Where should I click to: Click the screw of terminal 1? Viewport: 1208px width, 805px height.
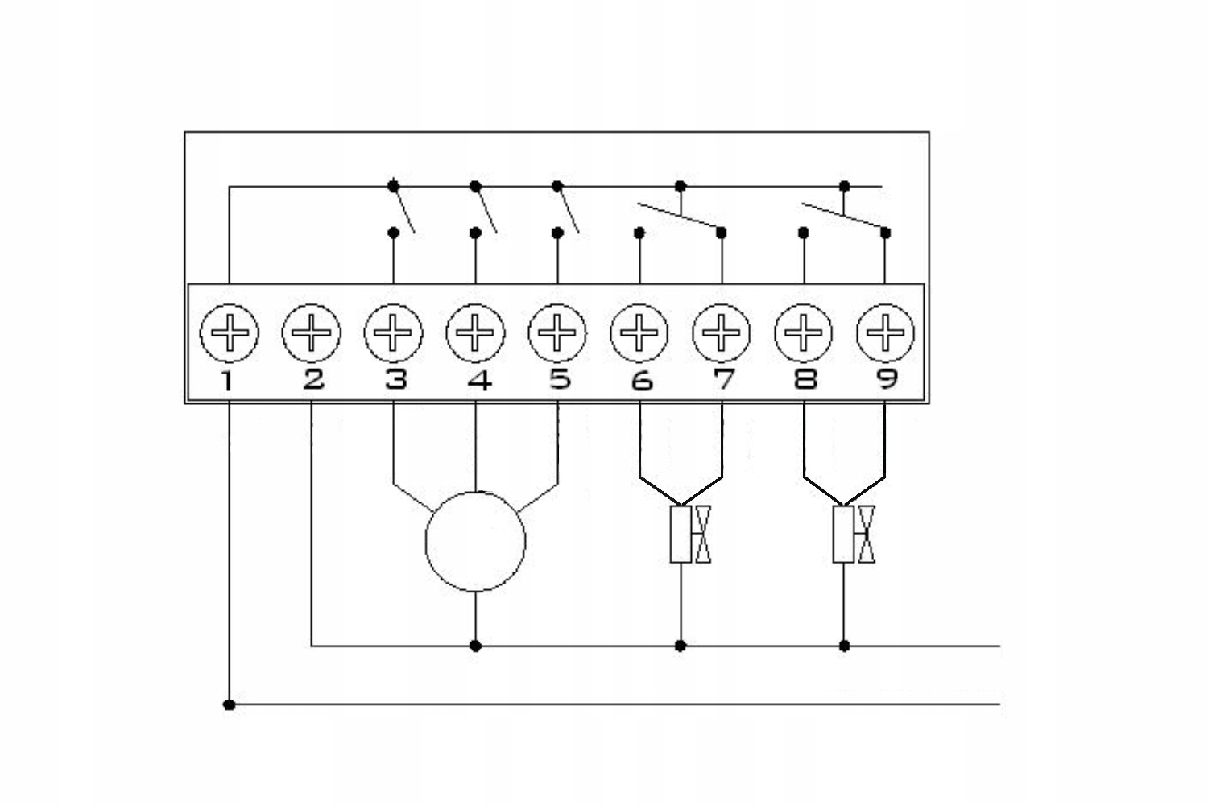pyautogui.click(x=230, y=332)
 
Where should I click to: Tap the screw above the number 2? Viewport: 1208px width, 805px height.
pyautogui.click(x=312, y=332)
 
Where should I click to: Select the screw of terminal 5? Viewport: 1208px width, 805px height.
pyautogui.click(x=557, y=332)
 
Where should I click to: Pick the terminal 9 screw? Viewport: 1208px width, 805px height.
pyautogui.click(x=885, y=332)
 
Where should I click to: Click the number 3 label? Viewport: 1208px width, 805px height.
pyautogui.click(x=395, y=379)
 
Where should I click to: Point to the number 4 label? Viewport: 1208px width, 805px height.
pyautogui.click(x=479, y=379)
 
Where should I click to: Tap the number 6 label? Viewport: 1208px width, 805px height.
pyautogui.click(x=642, y=380)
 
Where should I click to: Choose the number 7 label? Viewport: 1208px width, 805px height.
pyautogui.click(x=724, y=379)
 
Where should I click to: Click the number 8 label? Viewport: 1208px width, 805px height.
pyautogui.click(x=805, y=379)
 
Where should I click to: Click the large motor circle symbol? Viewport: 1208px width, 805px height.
pyautogui.click(x=476, y=542)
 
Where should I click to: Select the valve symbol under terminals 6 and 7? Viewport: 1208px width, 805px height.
pyautogui.click(x=691, y=534)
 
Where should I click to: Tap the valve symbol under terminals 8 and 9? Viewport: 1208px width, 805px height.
pyautogui.click(x=854, y=534)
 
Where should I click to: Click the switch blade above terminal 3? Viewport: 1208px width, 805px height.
pyautogui.click(x=404, y=210)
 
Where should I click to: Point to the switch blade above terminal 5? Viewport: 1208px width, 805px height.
pyautogui.click(x=569, y=210)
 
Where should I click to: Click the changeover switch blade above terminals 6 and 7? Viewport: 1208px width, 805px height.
pyautogui.click(x=679, y=215)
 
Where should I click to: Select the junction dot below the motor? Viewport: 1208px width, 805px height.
pyautogui.click(x=476, y=646)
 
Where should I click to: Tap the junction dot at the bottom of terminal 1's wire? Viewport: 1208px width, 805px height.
pyautogui.click(x=230, y=705)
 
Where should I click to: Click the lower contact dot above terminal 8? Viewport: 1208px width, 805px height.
pyautogui.click(x=803, y=233)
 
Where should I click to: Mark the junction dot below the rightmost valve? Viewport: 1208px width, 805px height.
pyautogui.click(x=844, y=646)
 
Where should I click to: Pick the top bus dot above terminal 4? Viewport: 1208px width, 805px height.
pyautogui.click(x=475, y=187)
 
